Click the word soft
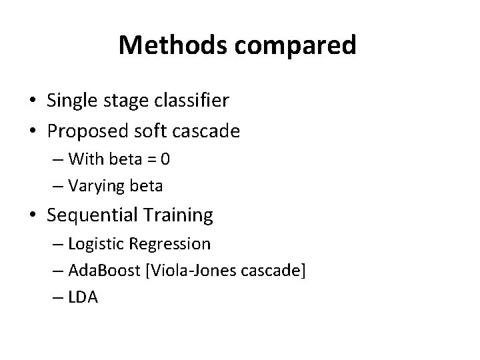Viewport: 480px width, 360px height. (x=149, y=131)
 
